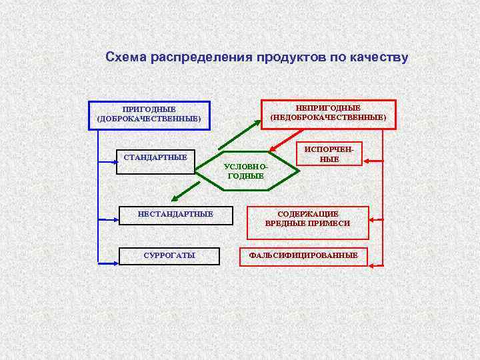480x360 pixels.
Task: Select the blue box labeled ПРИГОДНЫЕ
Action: coord(149,115)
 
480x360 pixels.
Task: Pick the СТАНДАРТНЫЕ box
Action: coord(155,161)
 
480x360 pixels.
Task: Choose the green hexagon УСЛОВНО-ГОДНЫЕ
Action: coord(245,171)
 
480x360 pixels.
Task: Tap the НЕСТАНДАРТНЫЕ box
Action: coord(175,215)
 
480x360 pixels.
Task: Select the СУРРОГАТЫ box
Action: coord(169,255)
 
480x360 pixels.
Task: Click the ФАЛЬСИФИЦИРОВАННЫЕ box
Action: coord(303,255)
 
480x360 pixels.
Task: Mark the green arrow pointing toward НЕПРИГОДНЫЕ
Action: coord(240,134)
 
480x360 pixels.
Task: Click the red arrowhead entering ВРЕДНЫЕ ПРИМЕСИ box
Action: coord(375,219)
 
